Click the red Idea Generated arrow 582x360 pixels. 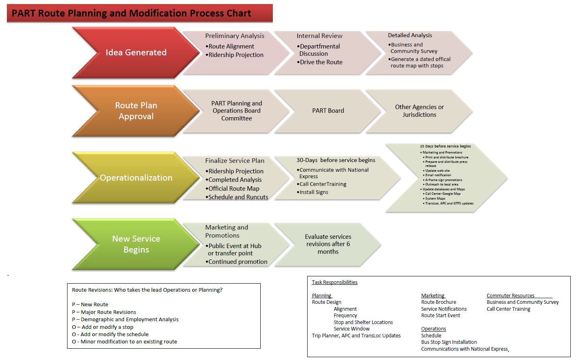(136, 53)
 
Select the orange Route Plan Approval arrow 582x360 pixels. (136, 111)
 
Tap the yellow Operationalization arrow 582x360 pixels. (136, 178)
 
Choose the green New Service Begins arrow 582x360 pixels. (136, 244)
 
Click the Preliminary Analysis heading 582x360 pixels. (234, 36)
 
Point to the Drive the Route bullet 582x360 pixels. (321, 62)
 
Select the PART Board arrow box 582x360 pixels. (328, 111)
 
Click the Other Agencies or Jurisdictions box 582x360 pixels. (419, 111)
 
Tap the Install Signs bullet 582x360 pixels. (314, 192)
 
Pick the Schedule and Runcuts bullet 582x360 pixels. (238, 197)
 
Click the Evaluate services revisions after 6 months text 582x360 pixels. (328, 244)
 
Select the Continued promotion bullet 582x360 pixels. (238, 262)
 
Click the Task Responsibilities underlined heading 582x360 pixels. (335, 282)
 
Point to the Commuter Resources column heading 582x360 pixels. (510, 296)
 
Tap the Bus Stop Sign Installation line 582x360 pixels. (449, 342)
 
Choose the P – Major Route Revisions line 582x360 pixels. (104, 312)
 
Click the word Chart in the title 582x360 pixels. (238, 13)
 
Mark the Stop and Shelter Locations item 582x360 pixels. (363, 322)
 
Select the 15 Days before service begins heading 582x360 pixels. (445, 146)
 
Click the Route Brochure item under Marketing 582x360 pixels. (439, 302)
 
